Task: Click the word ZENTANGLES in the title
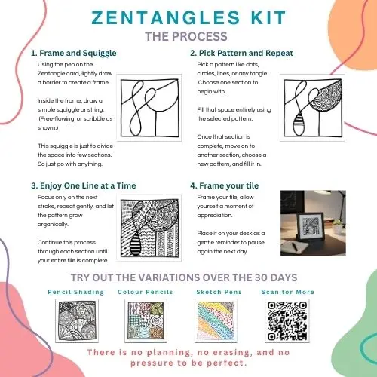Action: (x=166, y=17)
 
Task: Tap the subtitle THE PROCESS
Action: (x=186, y=36)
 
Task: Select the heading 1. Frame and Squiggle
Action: (x=74, y=53)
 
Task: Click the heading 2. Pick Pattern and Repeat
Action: (x=241, y=53)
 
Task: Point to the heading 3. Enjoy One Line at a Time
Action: (x=84, y=185)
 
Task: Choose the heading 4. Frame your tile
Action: (x=225, y=185)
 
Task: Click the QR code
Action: (x=287, y=320)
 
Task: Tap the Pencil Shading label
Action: (x=76, y=292)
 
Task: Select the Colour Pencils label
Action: (x=146, y=292)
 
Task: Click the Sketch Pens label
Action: (x=219, y=292)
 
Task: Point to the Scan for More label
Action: (x=288, y=292)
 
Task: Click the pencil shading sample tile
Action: (x=77, y=320)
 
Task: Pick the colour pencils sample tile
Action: (x=146, y=320)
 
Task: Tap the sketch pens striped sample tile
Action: (x=216, y=320)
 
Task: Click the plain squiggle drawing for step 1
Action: (x=149, y=108)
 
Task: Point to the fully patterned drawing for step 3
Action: (x=149, y=228)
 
